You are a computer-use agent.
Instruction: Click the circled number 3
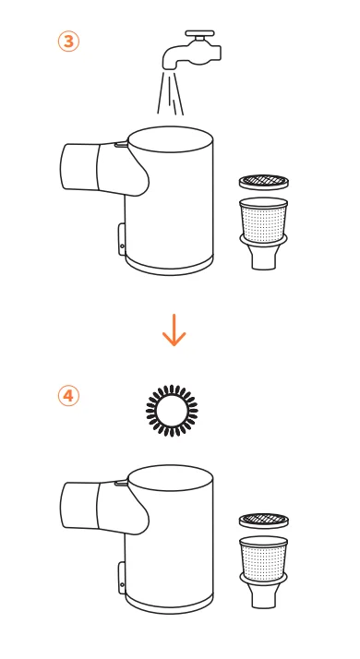[68, 42]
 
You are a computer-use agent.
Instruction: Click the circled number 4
[68, 395]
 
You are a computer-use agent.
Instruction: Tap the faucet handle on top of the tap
[199, 33]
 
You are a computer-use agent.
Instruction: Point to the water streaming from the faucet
[170, 92]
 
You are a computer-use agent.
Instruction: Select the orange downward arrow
[174, 332]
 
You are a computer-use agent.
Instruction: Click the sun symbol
[172, 410]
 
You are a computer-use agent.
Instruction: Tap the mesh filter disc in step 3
[264, 182]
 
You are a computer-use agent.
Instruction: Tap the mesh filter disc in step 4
[264, 521]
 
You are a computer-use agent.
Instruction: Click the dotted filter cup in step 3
[264, 220]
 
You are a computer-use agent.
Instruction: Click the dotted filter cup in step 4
[264, 559]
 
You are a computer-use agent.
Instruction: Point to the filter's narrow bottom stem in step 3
[264, 257]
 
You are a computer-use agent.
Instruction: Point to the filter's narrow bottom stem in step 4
[264, 595]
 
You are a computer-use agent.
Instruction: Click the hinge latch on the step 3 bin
[122, 239]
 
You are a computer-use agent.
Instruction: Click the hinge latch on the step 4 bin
[122, 578]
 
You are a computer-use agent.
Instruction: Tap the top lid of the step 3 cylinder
[171, 139]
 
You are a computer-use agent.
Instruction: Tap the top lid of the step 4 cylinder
[171, 478]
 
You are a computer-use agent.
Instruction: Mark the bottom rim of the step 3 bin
[169, 266]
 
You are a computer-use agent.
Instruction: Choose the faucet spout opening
[170, 66]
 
